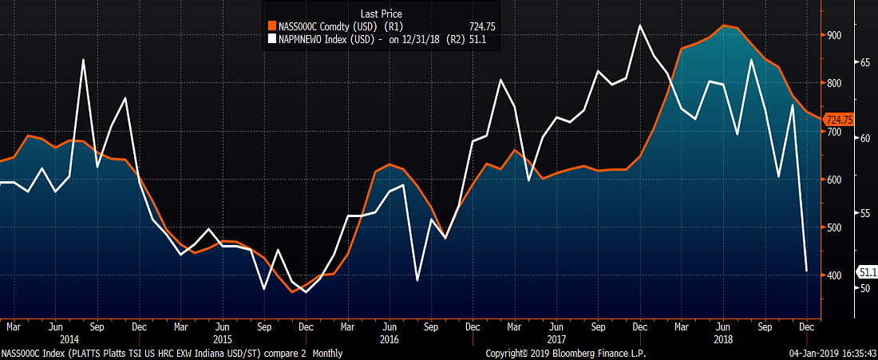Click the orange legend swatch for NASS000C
click(272, 26)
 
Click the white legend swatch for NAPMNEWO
click(272, 38)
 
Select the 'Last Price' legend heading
click(382, 14)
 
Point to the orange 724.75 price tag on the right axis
click(837, 120)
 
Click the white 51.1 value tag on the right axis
click(867, 272)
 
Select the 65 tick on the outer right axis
click(863, 61)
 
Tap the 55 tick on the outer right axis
click(863, 213)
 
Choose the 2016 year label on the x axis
click(389, 339)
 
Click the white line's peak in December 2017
click(640, 26)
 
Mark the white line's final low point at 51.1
click(807, 271)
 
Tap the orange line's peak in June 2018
click(723, 26)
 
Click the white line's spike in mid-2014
click(84, 60)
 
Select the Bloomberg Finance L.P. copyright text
click(565, 353)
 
